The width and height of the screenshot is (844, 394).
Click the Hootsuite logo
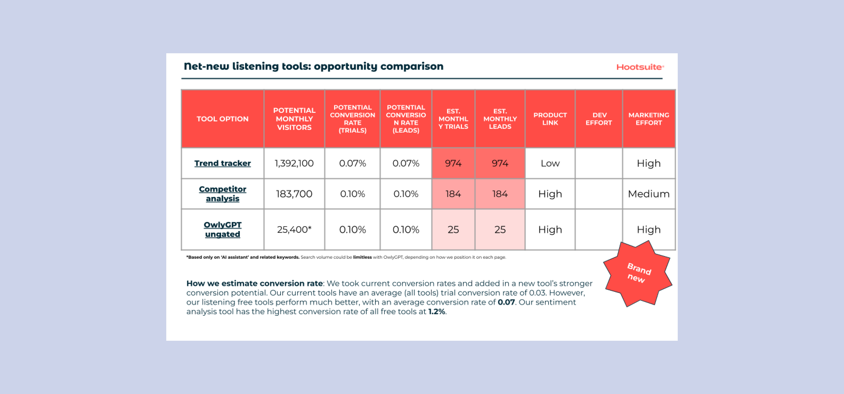pyautogui.click(x=640, y=67)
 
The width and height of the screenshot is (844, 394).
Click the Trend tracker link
pyautogui.click(x=222, y=163)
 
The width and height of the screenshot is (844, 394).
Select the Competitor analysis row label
pyautogui.click(x=222, y=194)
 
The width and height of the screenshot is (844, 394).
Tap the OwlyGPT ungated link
pyautogui.click(x=222, y=229)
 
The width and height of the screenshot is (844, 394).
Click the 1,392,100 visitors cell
pyautogui.click(x=294, y=163)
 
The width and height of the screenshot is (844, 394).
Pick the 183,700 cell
pyautogui.click(x=294, y=194)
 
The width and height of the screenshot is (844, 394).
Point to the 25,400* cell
pyautogui.click(x=294, y=230)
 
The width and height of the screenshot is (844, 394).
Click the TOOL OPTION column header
pyautogui.click(x=222, y=119)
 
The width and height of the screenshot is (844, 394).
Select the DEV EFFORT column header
pyautogui.click(x=599, y=119)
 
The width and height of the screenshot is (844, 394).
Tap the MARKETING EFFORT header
pyautogui.click(x=649, y=119)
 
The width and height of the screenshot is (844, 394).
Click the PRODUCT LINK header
pyautogui.click(x=550, y=119)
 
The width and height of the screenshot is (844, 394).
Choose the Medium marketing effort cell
pyautogui.click(x=649, y=194)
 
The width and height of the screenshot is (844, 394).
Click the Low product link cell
pyautogui.click(x=550, y=163)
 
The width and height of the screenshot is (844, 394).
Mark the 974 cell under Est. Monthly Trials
pyautogui.click(x=453, y=163)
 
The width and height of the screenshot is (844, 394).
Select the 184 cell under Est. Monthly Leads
pyautogui.click(x=500, y=194)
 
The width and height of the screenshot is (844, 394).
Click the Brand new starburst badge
pyautogui.click(x=637, y=273)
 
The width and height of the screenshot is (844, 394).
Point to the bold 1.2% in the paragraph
pyautogui.click(x=437, y=312)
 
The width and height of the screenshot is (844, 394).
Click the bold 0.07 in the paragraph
pyautogui.click(x=506, y=302)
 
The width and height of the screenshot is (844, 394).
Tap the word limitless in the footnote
pyautogui.click(x=362, y=257)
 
